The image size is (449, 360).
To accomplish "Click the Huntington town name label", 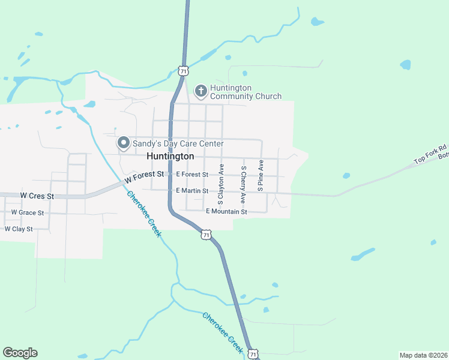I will click(x=170, y=156).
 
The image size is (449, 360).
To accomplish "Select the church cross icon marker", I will click(x=200, y=91).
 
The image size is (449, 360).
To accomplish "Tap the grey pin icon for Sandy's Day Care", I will click(x=124, y=143).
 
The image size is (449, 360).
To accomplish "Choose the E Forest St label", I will click(x=192, y=175).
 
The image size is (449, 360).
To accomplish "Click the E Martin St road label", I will click(x=192, y=191).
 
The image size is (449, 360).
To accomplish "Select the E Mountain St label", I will click(x=226, y=212).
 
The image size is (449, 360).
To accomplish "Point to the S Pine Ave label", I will click(x=262, y=175).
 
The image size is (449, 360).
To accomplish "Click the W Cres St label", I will click(x=37, y=196).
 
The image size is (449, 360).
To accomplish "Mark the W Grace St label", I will click(x=28, y=212).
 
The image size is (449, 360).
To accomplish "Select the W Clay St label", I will click(x=19, y=229).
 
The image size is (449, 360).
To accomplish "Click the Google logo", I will click(x=20, y=353).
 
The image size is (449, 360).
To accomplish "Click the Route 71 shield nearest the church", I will click(x=183, y=71).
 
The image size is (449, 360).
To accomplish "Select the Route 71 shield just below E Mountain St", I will click(x=206, y=235).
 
